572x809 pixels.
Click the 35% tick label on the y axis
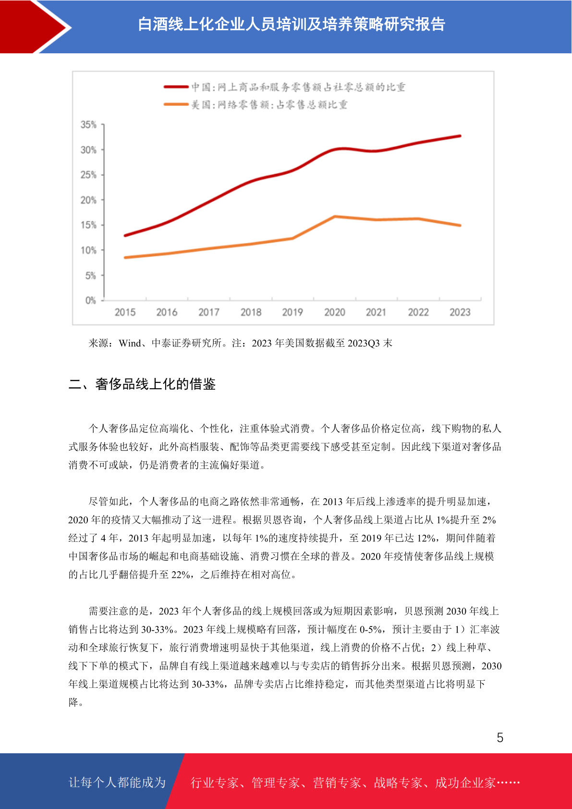pos(88,124)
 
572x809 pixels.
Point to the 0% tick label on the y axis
pos(91,300)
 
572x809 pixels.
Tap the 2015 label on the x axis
pos(125,312)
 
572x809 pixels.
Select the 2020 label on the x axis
pos(334,312)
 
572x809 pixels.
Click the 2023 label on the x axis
pos(460,312)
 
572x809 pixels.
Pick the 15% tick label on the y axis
pos(88,225)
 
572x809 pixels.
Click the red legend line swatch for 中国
pos(176,87)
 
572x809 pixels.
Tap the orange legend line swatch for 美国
pos(176,105)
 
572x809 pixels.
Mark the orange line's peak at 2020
pos(335,217)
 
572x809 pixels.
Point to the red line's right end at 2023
pos(460,136)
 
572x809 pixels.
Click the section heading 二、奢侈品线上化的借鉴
pos(142,384)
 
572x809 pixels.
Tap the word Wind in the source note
pos(130,343)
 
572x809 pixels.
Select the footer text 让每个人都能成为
pos(117,782)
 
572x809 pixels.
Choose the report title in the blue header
pos(292,25)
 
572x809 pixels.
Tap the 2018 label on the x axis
pos(251,312)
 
